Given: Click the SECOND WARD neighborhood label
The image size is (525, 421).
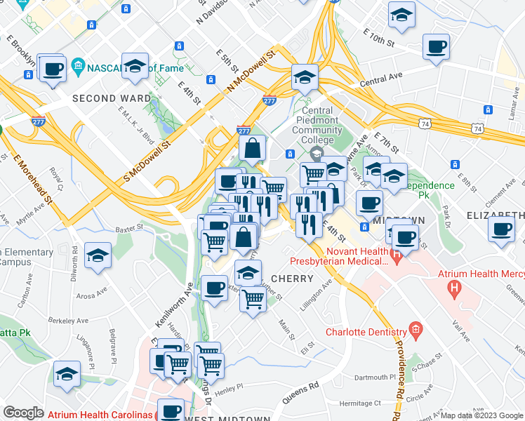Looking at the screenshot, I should point(112,98).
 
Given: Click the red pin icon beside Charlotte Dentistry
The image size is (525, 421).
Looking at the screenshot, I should point(416,328).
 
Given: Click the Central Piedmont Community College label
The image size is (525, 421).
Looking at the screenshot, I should point(317,120).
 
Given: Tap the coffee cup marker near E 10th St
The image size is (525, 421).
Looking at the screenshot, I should point(436,48).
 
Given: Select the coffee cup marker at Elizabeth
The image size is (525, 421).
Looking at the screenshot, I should point(501,228).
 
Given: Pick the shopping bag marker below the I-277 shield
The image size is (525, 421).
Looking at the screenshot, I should point(252,148).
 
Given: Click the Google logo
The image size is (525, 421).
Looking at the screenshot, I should point(23,413).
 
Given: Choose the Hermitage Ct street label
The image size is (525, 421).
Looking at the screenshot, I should point(358,403).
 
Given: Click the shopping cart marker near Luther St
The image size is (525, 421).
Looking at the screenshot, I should point(253,299).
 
